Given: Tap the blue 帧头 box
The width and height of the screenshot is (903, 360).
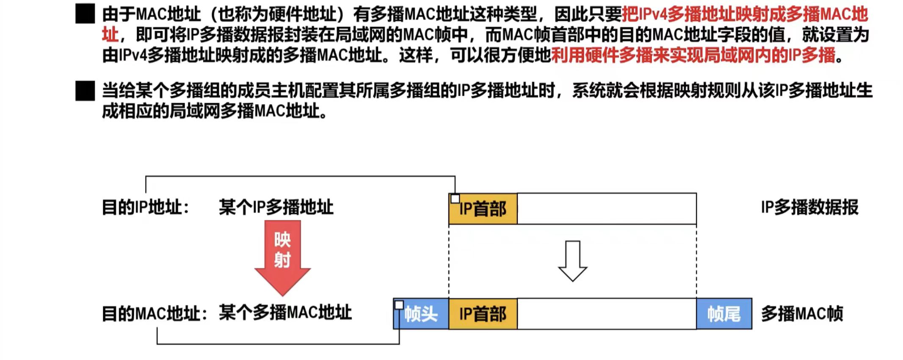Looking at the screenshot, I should coord(421,314).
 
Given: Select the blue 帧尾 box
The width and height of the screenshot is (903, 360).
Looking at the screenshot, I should coord(724,314).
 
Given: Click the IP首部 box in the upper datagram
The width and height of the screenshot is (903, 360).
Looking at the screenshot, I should coord(483,209).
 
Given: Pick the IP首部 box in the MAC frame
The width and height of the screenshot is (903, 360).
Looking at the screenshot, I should coord(483,314).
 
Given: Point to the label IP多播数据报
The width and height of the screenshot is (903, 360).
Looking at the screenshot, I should coord(809,208).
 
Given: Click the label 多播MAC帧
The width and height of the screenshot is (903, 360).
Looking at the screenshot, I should coord(802,314).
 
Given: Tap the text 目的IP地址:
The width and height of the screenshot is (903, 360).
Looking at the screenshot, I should coord(146,208).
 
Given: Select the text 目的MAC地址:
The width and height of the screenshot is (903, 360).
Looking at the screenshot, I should coord(155,314).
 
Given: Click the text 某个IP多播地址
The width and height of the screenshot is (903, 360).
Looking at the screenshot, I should coord(276,208).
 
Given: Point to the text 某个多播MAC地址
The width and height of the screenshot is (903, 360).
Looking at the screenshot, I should coord(285,313).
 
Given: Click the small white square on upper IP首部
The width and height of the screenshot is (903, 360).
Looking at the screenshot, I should coord(455,199).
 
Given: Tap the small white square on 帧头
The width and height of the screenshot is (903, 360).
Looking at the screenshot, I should coord(399,305).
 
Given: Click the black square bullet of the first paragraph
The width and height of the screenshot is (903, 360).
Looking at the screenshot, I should coord(85,14).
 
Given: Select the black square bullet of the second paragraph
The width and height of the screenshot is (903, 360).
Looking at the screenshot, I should coord(85,91).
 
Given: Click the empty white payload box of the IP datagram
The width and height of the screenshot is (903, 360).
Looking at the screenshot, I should coord(607,209).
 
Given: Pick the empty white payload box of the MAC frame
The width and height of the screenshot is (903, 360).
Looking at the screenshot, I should coord(607,314).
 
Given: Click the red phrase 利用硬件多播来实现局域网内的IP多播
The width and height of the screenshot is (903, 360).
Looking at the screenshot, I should coord(693,55).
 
